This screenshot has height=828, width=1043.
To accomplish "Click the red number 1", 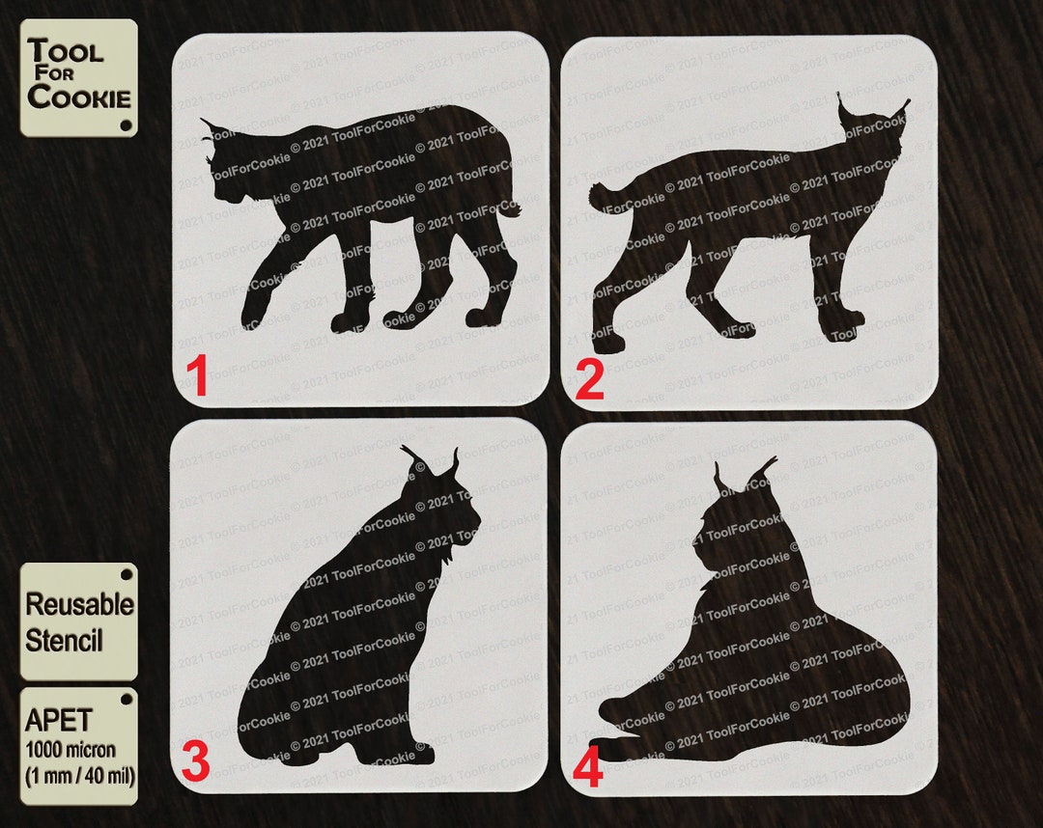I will tap(197, 376).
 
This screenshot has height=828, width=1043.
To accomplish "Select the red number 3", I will tap(194, 762).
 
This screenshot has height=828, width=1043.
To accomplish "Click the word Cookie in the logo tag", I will tap(78, 97).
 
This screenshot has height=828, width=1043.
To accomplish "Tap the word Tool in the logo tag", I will tap(65, 51).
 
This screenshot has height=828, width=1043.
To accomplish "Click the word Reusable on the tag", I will tap(79, 605).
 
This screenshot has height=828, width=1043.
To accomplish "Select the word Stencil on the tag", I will tap(64, 641).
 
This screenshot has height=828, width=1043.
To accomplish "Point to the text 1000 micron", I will tap(70, 749).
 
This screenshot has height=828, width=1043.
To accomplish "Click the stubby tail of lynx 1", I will tap(512, 207).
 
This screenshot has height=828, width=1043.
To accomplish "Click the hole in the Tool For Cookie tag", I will tap(125, 125).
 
